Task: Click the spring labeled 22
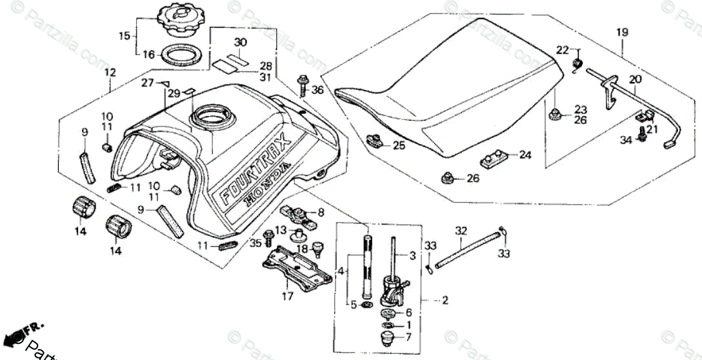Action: [579, 62]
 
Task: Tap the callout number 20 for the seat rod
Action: [635, 79]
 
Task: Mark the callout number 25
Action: [399, 146]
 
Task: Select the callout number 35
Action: [256, 243]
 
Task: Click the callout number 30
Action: [240, 43]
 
